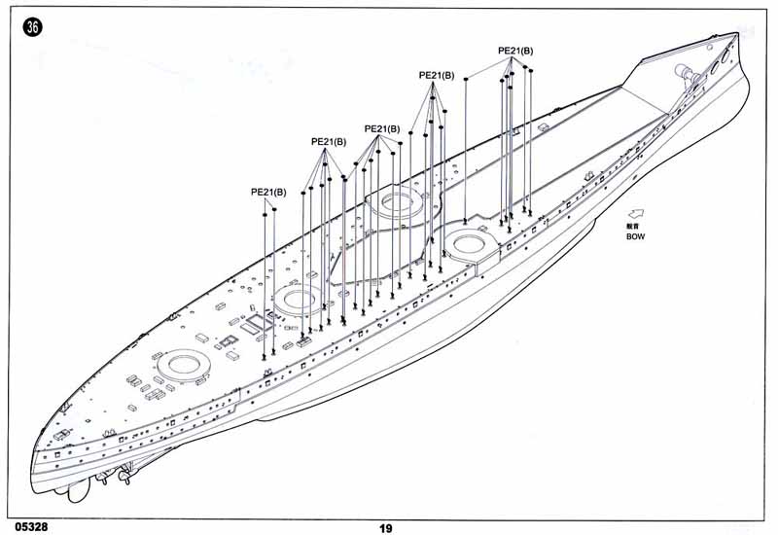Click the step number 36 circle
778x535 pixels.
[33, 28]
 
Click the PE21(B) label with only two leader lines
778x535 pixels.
[268, 192]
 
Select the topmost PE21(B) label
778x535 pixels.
[515, 51]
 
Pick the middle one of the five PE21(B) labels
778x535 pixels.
[381, 128]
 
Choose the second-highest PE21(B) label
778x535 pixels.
[436, 75]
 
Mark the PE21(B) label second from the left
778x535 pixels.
[329, 141]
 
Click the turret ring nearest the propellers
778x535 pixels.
[182, 366]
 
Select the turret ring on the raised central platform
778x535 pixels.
[397, 202]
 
